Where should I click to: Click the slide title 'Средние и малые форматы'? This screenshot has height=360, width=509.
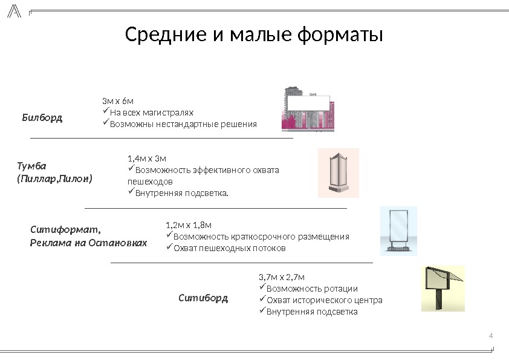(x=254, y=35)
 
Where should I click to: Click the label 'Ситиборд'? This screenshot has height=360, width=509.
(x=204, y=298)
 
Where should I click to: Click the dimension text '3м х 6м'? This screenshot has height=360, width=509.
(x=118, y=100)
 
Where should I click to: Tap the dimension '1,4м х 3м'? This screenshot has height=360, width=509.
(x=147, y=159)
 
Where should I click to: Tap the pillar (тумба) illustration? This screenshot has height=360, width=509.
(x=339, y=173)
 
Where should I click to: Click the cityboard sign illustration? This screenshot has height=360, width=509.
(x=443, y=288)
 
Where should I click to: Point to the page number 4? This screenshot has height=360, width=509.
(x=490, y=336)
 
